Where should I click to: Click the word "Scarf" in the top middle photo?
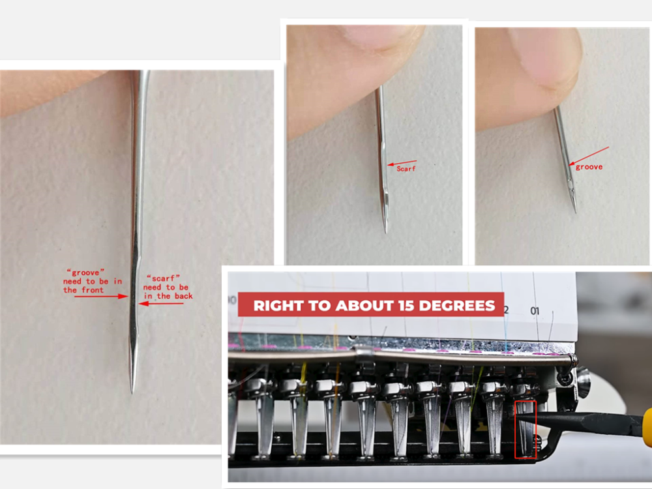tap(406, 168)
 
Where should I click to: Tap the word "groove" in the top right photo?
tap(589, 167)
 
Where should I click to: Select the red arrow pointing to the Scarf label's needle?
tap(402, 162)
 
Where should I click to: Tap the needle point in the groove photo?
tap(575, 211)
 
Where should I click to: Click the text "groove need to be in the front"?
tap(93, 280)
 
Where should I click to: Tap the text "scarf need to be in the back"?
tap(167, 286)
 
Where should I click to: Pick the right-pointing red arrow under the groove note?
tap(101, 296)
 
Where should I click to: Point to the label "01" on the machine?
tap(535, 311)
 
